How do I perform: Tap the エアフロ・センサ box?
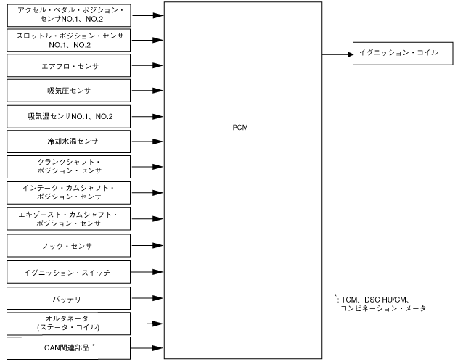(69, 65)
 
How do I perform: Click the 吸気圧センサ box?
(69, 91)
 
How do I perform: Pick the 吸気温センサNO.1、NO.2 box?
(69, 116)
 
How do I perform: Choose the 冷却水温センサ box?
(69, 141)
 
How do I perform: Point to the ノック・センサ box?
(69, 246)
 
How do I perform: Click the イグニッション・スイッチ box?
(69, 273)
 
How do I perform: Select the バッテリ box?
(69, 298)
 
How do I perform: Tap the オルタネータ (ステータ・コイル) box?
(69, 323)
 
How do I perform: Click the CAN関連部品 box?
(69, 347)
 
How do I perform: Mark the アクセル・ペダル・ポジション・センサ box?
(69, 14)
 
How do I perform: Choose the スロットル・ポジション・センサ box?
(69, 40)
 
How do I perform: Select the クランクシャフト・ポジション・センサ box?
(69, 167)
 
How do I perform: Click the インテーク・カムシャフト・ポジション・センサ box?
(69, 192)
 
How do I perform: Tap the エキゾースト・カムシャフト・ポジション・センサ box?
(69, 219)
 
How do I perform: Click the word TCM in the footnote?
(351, 299)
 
